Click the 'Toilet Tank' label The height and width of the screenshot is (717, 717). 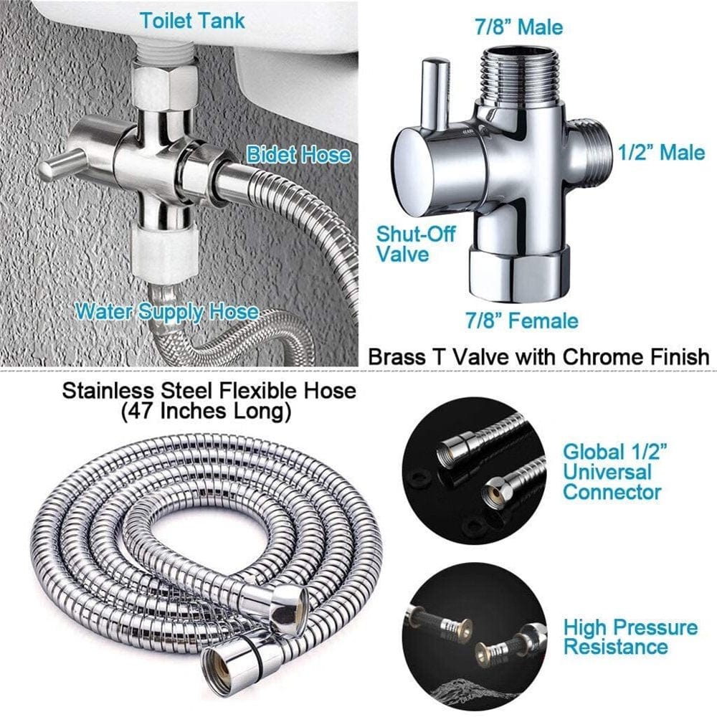point(192,20)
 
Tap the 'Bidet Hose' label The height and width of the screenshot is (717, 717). point(299,154)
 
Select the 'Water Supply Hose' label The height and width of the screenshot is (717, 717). point(166,311)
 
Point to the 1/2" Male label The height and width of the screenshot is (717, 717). point(662,152)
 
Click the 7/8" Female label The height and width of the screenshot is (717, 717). point(521,320)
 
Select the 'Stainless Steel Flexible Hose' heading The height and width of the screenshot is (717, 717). point(209,391)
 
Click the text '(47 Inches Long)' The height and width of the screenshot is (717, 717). point(206,412)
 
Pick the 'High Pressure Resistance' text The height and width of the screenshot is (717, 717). point(630,637)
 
